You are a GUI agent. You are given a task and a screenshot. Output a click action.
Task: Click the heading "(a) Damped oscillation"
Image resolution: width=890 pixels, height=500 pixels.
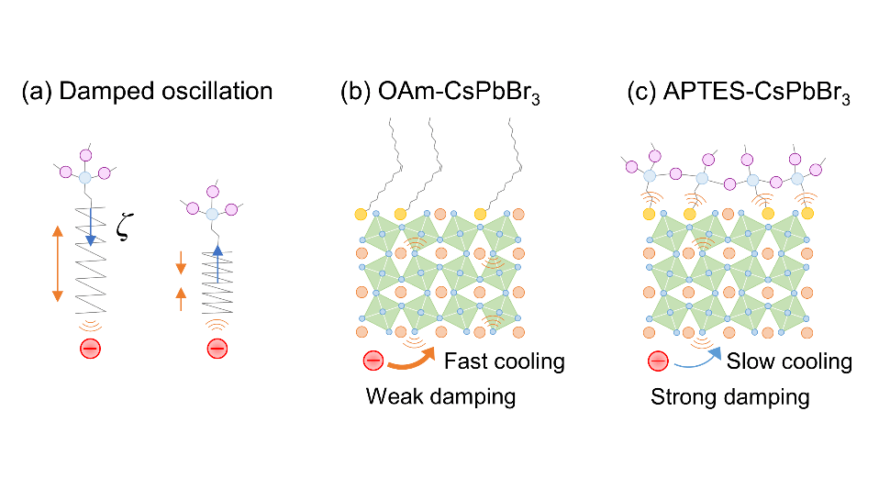[x=147, y=92]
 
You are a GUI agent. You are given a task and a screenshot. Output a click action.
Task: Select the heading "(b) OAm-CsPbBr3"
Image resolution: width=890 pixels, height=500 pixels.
[x=439, y=93]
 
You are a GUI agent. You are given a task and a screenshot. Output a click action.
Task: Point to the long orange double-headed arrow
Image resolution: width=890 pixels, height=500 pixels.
[x=57, y=263]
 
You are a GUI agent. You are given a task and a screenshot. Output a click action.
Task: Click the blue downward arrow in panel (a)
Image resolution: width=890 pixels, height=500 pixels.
[x=89, y=225]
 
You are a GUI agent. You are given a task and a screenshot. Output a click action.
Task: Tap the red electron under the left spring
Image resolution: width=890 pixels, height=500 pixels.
[x=89, y=349]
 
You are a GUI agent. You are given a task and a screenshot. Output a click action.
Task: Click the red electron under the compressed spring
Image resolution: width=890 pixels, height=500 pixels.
[x=217, y=349]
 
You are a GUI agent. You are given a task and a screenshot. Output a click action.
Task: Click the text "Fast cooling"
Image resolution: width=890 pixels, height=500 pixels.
[x=504, y=361]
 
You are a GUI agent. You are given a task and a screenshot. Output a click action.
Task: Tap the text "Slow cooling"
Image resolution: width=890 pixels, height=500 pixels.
[x=789, y=361]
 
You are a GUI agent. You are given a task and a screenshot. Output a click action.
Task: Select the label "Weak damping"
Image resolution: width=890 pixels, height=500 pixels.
[x=440, y=397]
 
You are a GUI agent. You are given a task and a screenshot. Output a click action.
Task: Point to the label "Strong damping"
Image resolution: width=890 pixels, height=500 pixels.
[x=730, y=397]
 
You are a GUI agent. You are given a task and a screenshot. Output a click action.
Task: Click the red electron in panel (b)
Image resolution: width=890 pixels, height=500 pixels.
[x=373, y=361]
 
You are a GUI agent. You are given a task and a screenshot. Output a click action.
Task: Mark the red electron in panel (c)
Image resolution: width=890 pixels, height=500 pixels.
[x=659, y=361]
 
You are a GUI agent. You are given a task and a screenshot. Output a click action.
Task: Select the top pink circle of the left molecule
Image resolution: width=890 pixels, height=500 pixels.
[x=89, y=153]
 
